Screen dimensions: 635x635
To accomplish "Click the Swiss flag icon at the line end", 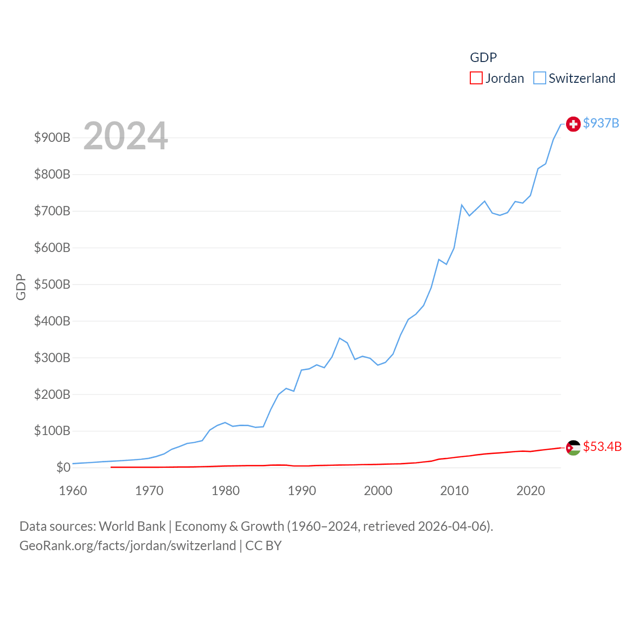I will (573, 124).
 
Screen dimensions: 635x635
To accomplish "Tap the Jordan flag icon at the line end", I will (573, 447).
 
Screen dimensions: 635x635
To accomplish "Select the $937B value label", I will (601, 123).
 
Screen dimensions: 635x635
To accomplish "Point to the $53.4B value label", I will (602, 446).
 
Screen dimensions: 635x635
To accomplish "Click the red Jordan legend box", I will (476, 78).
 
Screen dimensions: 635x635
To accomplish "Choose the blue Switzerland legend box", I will (539, 78).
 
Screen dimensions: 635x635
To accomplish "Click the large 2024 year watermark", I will (126, 136).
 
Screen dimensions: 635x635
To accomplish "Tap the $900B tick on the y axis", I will (52, 137).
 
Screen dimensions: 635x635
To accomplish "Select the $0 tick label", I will (63, 467).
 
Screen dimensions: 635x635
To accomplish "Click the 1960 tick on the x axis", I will (73, 491).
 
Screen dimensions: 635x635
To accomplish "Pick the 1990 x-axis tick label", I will (302, 491).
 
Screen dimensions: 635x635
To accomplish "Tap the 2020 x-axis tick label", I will (530, 491).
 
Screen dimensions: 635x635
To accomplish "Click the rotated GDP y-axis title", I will (21, 287).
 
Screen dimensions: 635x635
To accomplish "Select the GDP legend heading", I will (483, 58).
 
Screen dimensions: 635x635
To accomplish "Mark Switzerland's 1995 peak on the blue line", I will (339, 338).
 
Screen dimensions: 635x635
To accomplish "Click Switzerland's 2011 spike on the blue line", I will (462, 205).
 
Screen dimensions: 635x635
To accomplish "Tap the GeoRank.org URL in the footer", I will (127, 546).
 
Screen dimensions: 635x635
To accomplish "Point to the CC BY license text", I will (263, 546).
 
